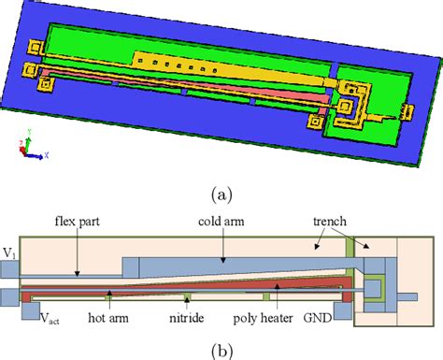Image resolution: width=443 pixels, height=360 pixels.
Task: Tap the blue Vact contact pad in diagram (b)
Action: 9,296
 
